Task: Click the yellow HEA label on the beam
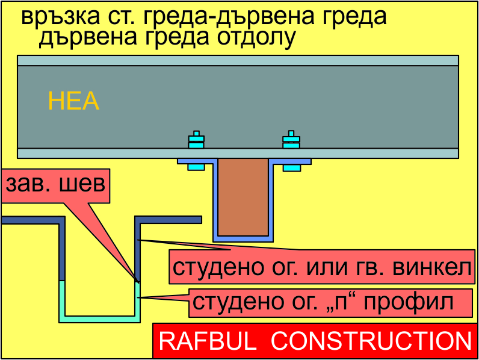pyautogui.click(x=73, y=101)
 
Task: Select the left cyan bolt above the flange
pyautogui.click(x=196, y=141)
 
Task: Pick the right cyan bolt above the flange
pyautogui.click(x=291, y=141)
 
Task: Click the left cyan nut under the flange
pyautogui.click(x=196, y=167)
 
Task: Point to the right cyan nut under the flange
pyautogui.click(x=291, y=167)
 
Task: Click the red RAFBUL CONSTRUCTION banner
pyautogui.click(x=315, y=341)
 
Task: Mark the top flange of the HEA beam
pyautogui.click(x=238, y=60)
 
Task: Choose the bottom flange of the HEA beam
pyautogui.click(x=238, y=153)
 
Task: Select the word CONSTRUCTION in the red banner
pyautogui.click(x=371, y=341)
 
